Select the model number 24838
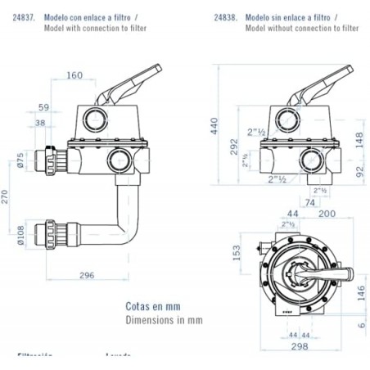click(x=225, y=16)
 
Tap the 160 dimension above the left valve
click(x=97, y=76)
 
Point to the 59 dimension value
click(x=43, y=106)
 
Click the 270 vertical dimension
click(x=7, y=196)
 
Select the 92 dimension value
click(x=359, y=173)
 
